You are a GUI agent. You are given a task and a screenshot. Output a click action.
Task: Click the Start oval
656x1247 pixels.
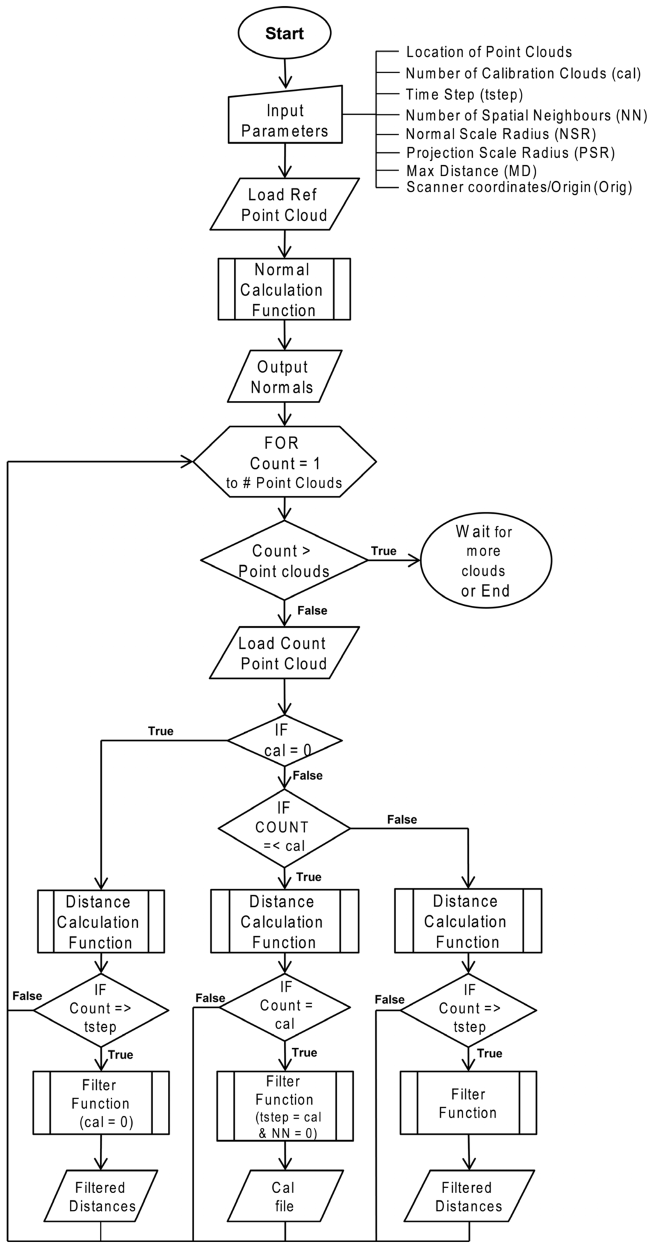tap(284, 34)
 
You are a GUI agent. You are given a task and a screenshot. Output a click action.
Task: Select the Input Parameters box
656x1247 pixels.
tap(284, 120)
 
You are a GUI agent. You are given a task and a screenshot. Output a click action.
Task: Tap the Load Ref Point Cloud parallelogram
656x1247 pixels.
tap(284, 205)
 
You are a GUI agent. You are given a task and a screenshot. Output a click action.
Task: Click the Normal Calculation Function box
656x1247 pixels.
tap(284, 289)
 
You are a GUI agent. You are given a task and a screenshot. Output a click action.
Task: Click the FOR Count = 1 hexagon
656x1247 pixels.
tap(284, 462)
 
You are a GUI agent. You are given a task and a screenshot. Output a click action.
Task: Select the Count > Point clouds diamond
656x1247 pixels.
tap(284, 560)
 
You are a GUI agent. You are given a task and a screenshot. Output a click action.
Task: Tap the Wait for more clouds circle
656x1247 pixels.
tap(486, 560)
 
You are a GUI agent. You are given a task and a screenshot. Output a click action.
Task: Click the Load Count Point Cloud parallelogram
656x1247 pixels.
tap(284, 653)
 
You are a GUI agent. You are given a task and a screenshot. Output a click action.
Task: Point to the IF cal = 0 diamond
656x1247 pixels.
tap(284, 741)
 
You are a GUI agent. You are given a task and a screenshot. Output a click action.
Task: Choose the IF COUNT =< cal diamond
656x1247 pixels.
tap(284, 827)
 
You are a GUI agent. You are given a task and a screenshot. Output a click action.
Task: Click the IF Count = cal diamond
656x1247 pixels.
tap(284, 1007)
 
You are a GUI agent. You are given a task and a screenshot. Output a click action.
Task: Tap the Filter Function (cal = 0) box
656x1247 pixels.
tap(101, 1103)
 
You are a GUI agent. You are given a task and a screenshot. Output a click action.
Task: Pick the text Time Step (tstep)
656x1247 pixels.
tap(464, 94)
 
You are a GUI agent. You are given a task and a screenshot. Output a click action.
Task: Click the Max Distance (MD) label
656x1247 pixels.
tap(471, 171)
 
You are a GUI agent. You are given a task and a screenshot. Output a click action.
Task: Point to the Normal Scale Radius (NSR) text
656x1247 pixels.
tap(501, 134)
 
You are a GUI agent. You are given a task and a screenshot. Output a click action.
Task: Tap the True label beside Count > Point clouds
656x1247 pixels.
tap(384, 551)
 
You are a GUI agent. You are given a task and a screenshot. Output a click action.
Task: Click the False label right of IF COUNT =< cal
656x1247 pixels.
tap(402, 819)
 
